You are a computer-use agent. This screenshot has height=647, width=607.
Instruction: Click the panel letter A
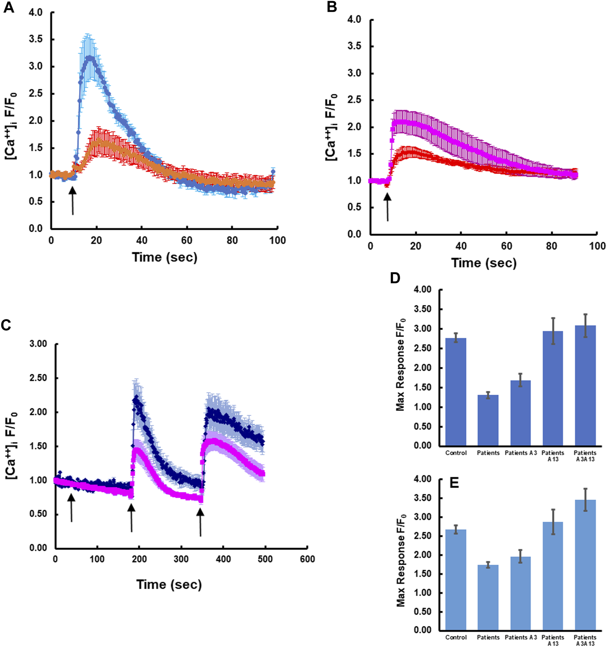click(x=8, y=7)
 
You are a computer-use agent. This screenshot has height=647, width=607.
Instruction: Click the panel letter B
click(x=332, y=7)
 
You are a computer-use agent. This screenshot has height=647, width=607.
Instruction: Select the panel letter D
click(x=395, y=278)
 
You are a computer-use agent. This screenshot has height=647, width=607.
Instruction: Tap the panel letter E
click(x=454, y=483)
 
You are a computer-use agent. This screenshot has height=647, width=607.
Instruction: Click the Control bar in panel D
click(x=456, y=392)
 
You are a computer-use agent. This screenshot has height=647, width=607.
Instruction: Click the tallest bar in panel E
click(x=585, y=565)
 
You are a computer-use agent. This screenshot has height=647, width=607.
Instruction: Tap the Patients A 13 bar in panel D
click(x=553, y=388)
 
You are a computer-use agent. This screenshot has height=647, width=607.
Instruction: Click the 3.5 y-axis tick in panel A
click(x=36, y=39)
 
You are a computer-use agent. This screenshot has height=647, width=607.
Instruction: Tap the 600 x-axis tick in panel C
click(x=307, y=559)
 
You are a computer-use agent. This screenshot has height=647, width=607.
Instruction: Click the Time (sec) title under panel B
click(x=484, y=263)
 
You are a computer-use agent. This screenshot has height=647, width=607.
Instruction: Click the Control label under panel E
click(x=456, y=637)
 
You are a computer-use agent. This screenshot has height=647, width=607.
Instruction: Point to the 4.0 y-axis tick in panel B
click(x=354, y=20)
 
